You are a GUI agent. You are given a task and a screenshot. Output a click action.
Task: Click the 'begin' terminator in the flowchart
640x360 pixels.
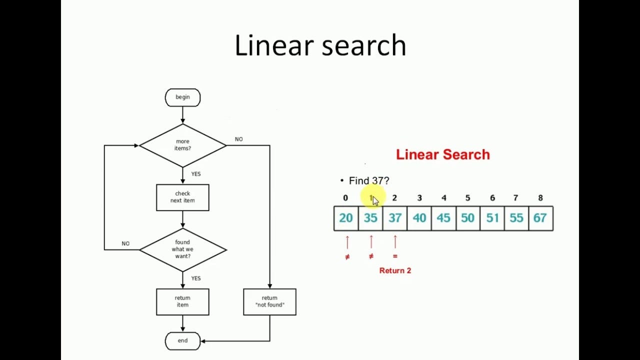182,97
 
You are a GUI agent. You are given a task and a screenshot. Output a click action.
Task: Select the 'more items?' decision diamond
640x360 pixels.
182,145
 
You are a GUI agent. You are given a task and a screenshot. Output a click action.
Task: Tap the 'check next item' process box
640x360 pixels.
182,197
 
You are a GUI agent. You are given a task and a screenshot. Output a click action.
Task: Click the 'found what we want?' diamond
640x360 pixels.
182,249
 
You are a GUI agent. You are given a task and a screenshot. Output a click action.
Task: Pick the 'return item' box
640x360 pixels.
182,301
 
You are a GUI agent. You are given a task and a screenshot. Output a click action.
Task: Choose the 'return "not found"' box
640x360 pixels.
269,301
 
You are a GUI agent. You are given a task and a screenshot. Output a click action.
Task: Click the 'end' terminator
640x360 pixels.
182,341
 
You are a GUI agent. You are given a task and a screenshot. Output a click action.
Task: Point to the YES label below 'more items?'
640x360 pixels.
195,174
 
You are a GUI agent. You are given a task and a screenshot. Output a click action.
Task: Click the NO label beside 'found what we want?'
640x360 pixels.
125,243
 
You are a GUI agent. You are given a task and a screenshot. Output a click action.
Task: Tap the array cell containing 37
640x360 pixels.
395,218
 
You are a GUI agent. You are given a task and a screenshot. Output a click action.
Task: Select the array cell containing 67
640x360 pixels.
540,218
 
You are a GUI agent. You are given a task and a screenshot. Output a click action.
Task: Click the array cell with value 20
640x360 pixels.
346,218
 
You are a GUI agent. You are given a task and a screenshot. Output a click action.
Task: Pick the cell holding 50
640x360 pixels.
467,218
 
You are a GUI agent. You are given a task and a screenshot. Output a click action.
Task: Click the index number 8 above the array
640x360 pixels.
540,198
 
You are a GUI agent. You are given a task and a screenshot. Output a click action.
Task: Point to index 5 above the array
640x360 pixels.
467,198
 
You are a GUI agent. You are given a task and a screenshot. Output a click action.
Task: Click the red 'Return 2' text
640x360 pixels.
395,270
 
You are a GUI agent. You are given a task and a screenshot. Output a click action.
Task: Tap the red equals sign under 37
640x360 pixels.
395,256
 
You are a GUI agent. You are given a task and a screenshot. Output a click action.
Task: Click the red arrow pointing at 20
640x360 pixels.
347,242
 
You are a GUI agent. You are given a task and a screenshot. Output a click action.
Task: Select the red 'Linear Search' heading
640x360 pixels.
442,154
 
